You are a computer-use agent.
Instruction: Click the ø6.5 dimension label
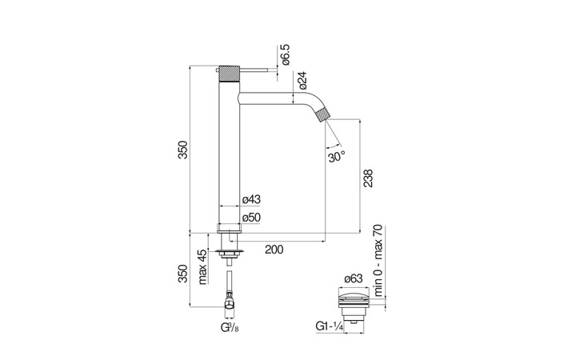(286, 55)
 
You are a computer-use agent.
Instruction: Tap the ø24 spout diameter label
(302, 80)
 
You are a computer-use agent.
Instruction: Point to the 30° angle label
(337, 157)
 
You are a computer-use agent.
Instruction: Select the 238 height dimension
(368, 178)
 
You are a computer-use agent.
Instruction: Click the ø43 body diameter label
(251, 199)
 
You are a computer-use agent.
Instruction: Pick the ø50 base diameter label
(251, 218)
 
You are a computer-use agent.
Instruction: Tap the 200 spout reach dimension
(274, 249)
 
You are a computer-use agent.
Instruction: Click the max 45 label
(202, 267)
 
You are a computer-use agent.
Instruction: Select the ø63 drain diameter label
(354, 278)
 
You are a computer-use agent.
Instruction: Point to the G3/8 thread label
(229, 328)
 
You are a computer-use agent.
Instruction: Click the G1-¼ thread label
(329, 327)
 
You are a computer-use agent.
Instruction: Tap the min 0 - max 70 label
(378, 261)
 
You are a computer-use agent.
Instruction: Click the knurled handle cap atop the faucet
(229, 74)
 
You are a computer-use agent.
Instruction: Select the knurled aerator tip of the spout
(322, 114)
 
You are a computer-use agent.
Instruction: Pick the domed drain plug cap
(353, 297)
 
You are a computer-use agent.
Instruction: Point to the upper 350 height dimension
(183, 150)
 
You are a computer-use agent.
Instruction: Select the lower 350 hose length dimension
(183, 274)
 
